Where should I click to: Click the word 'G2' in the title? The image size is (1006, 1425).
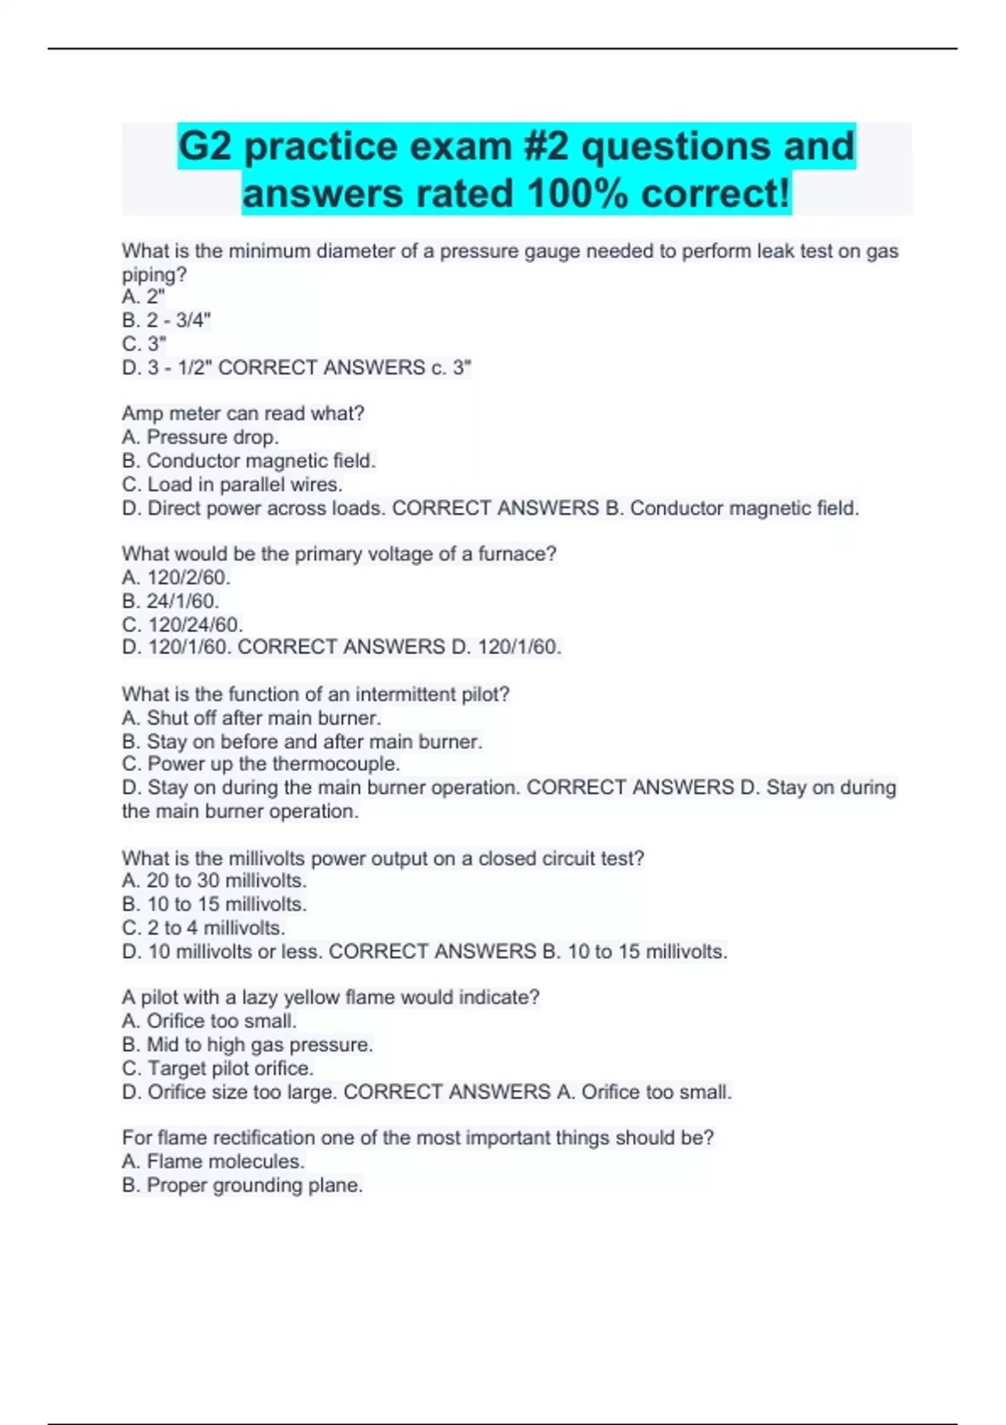click(205, 147)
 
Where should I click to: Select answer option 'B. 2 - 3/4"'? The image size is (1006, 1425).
click(166, 320)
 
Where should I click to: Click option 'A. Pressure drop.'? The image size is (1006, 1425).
click(200, 437)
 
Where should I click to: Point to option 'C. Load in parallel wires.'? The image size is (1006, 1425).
click(232, 484)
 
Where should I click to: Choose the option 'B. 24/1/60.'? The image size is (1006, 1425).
click(170, 601)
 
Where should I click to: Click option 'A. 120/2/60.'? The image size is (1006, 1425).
click(176, 578)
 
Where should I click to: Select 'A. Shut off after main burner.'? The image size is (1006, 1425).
click(251, 718)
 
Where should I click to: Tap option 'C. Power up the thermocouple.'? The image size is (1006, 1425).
click(261, 764)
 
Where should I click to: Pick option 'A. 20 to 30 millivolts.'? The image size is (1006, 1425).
click(215, 880)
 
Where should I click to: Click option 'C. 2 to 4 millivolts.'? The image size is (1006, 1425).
click(204, 928)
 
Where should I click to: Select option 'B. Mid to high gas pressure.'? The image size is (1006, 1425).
click(247, 1044)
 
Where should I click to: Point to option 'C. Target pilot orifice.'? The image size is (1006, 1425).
click(218, 1068)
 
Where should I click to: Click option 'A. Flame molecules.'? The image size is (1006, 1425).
click(213, 1161)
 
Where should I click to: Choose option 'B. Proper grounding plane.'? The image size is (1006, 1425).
click(242, 1185)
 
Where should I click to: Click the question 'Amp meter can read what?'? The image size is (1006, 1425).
click(243, 413)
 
